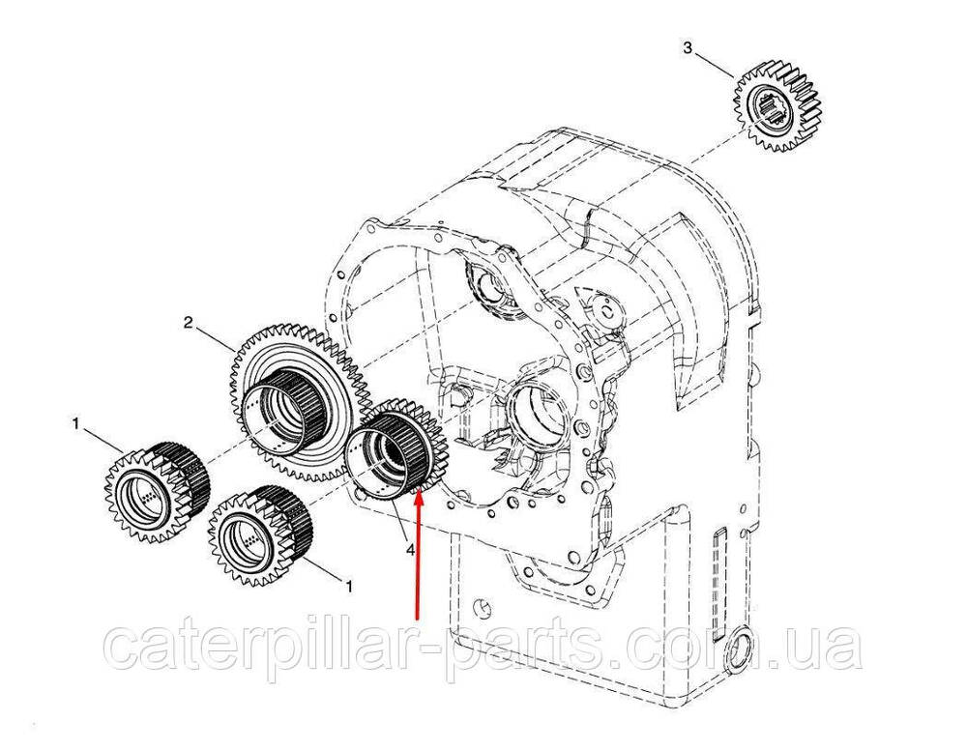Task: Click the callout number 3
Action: tap(689, 47)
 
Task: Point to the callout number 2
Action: tap(190, 321)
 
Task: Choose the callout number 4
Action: tap(411, 548)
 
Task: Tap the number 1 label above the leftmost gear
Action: tap(75, 424)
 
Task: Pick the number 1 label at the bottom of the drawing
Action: tap(349, 586)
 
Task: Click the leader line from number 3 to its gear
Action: tap(716, 64)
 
